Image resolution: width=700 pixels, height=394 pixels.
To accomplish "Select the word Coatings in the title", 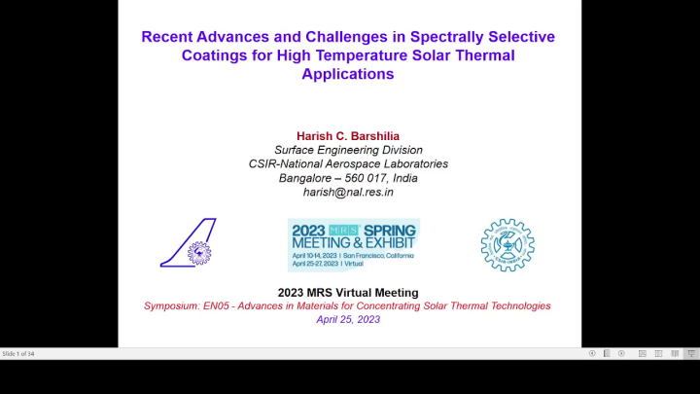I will (213, 55).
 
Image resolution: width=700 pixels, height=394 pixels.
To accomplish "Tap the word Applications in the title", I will (348, 73).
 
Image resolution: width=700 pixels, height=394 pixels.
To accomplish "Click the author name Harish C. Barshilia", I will (348, 135).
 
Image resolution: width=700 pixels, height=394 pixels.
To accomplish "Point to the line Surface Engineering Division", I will (348, 150).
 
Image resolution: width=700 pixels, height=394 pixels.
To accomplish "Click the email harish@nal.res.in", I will (348, 192).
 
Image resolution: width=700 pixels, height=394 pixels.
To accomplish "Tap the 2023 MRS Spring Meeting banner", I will (353, 244).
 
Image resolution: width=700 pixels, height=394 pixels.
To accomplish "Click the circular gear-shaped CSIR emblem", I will (507, 244).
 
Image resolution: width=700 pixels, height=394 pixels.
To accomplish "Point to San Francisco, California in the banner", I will (379, 255).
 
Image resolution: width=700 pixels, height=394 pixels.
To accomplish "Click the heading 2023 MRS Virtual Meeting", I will (348, 292).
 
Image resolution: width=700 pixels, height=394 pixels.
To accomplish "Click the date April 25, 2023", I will (348, 319).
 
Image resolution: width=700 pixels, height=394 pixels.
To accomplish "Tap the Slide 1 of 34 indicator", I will (18, 353).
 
